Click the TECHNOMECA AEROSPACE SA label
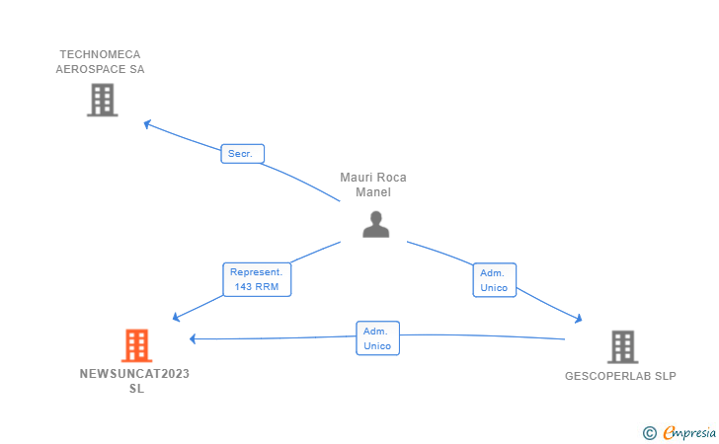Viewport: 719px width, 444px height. [x=100, y=62]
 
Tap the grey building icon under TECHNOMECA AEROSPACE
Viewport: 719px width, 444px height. [x=103, y=100]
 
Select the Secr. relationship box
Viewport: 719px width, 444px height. [x=243, y=154]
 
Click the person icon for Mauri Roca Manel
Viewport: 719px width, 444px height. [x=376, y=224]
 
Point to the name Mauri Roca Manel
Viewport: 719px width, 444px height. [x=373, y=185]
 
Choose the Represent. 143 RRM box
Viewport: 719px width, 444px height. [x=257, y=279]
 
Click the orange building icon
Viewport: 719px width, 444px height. [x=136, y=345]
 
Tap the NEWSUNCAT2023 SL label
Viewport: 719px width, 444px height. [x=134, y=381]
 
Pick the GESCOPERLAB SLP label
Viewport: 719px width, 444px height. [x=620, y=376]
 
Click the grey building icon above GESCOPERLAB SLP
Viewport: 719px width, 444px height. [x=622, y=347]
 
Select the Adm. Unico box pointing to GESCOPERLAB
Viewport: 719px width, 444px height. [x=494, y=280]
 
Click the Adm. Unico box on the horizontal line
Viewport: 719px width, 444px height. [x=378, y=338]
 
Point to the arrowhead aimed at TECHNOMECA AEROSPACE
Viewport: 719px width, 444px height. [x=147, y=123]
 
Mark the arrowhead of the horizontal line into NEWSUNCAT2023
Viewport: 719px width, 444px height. [x=193, y=339]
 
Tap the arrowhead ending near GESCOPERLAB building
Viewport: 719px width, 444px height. [x=579, y=319]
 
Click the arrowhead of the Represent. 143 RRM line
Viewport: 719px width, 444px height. [x=176, y=317]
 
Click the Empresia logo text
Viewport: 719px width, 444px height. [x=689, y=432]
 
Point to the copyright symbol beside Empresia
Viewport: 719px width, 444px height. [x=649, y=433]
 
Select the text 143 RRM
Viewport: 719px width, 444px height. [x=257, y=287]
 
